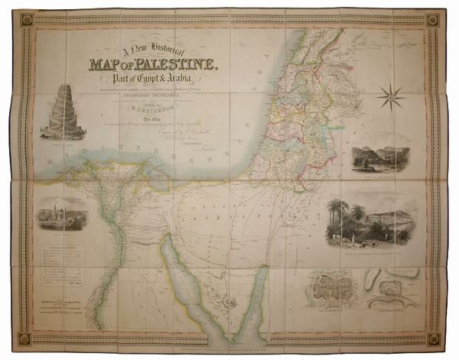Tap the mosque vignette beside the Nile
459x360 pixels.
pyautogui.click(x=62, y=214)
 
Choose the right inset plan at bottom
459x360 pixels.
pyautogui.click(x=392, y=290)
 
